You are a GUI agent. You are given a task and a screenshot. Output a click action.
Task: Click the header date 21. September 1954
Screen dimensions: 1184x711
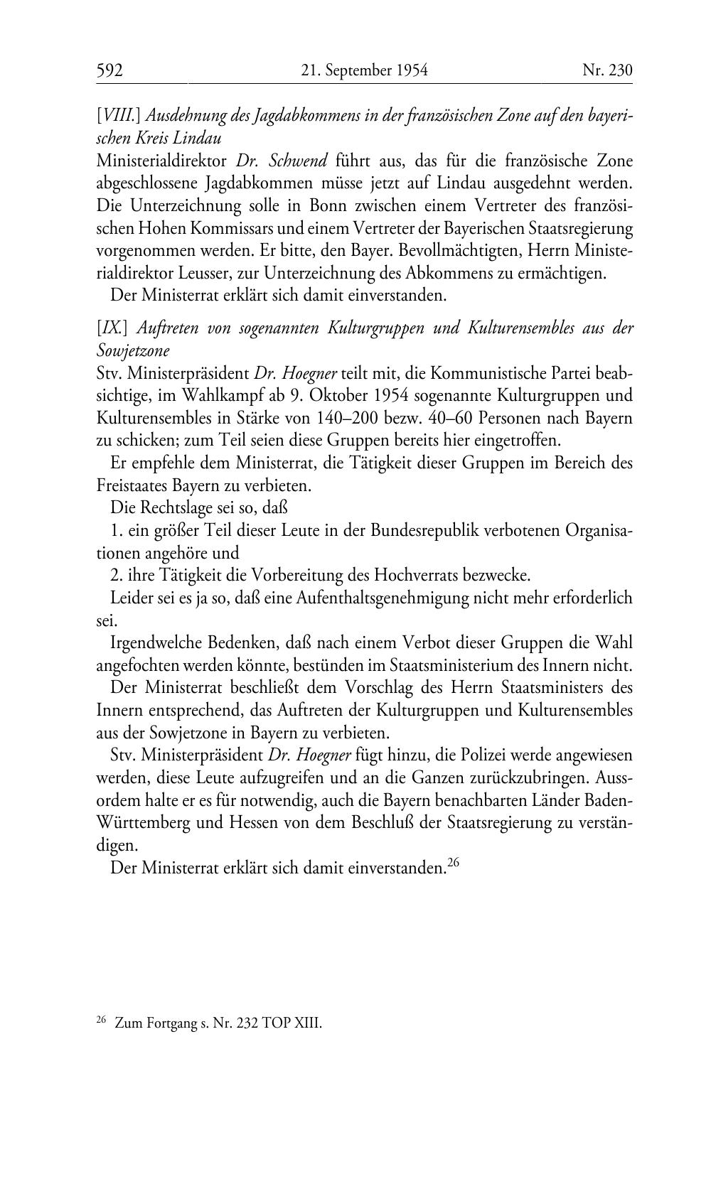click(364, 70)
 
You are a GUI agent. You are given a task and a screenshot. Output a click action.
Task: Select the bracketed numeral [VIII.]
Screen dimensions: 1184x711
click(117, 116)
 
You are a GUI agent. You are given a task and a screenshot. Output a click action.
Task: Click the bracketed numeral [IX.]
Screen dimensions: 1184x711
click(112, 328)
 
